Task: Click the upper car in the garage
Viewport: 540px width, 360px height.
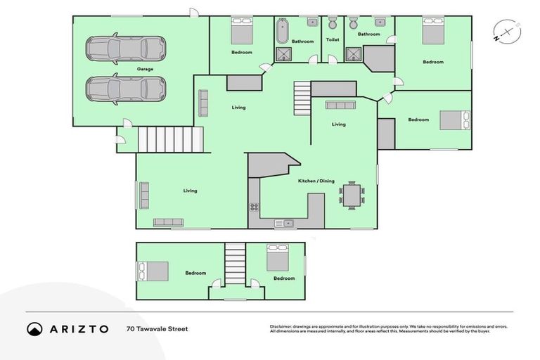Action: (126, 49)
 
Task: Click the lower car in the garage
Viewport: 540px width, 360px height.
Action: (126, 89)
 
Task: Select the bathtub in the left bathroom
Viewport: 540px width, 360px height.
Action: (283, 31)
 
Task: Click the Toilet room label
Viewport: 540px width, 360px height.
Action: (333, 40)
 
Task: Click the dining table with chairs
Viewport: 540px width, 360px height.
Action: (351, 194)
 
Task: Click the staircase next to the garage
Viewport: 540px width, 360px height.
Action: (169, 139)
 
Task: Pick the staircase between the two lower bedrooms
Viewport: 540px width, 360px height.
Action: (235, 264)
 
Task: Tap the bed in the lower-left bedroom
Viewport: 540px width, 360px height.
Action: (153, 271)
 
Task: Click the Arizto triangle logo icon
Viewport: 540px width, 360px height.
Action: (34, 328)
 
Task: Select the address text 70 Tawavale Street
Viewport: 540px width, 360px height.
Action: (157, 328)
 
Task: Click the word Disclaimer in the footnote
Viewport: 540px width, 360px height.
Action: (281, 326)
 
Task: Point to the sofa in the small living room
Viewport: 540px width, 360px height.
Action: (340, 105)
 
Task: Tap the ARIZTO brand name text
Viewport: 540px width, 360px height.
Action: (78, 328)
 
